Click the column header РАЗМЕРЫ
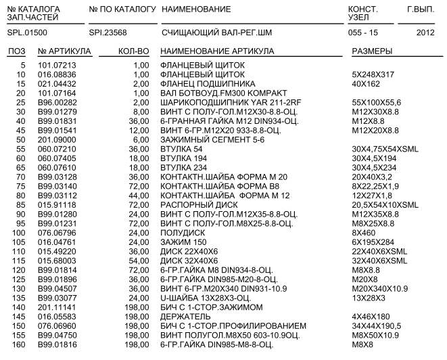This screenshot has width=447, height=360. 373,51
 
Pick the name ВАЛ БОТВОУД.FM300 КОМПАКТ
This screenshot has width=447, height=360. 216,93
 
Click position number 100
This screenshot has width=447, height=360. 18,232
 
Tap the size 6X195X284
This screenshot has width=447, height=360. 374,242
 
